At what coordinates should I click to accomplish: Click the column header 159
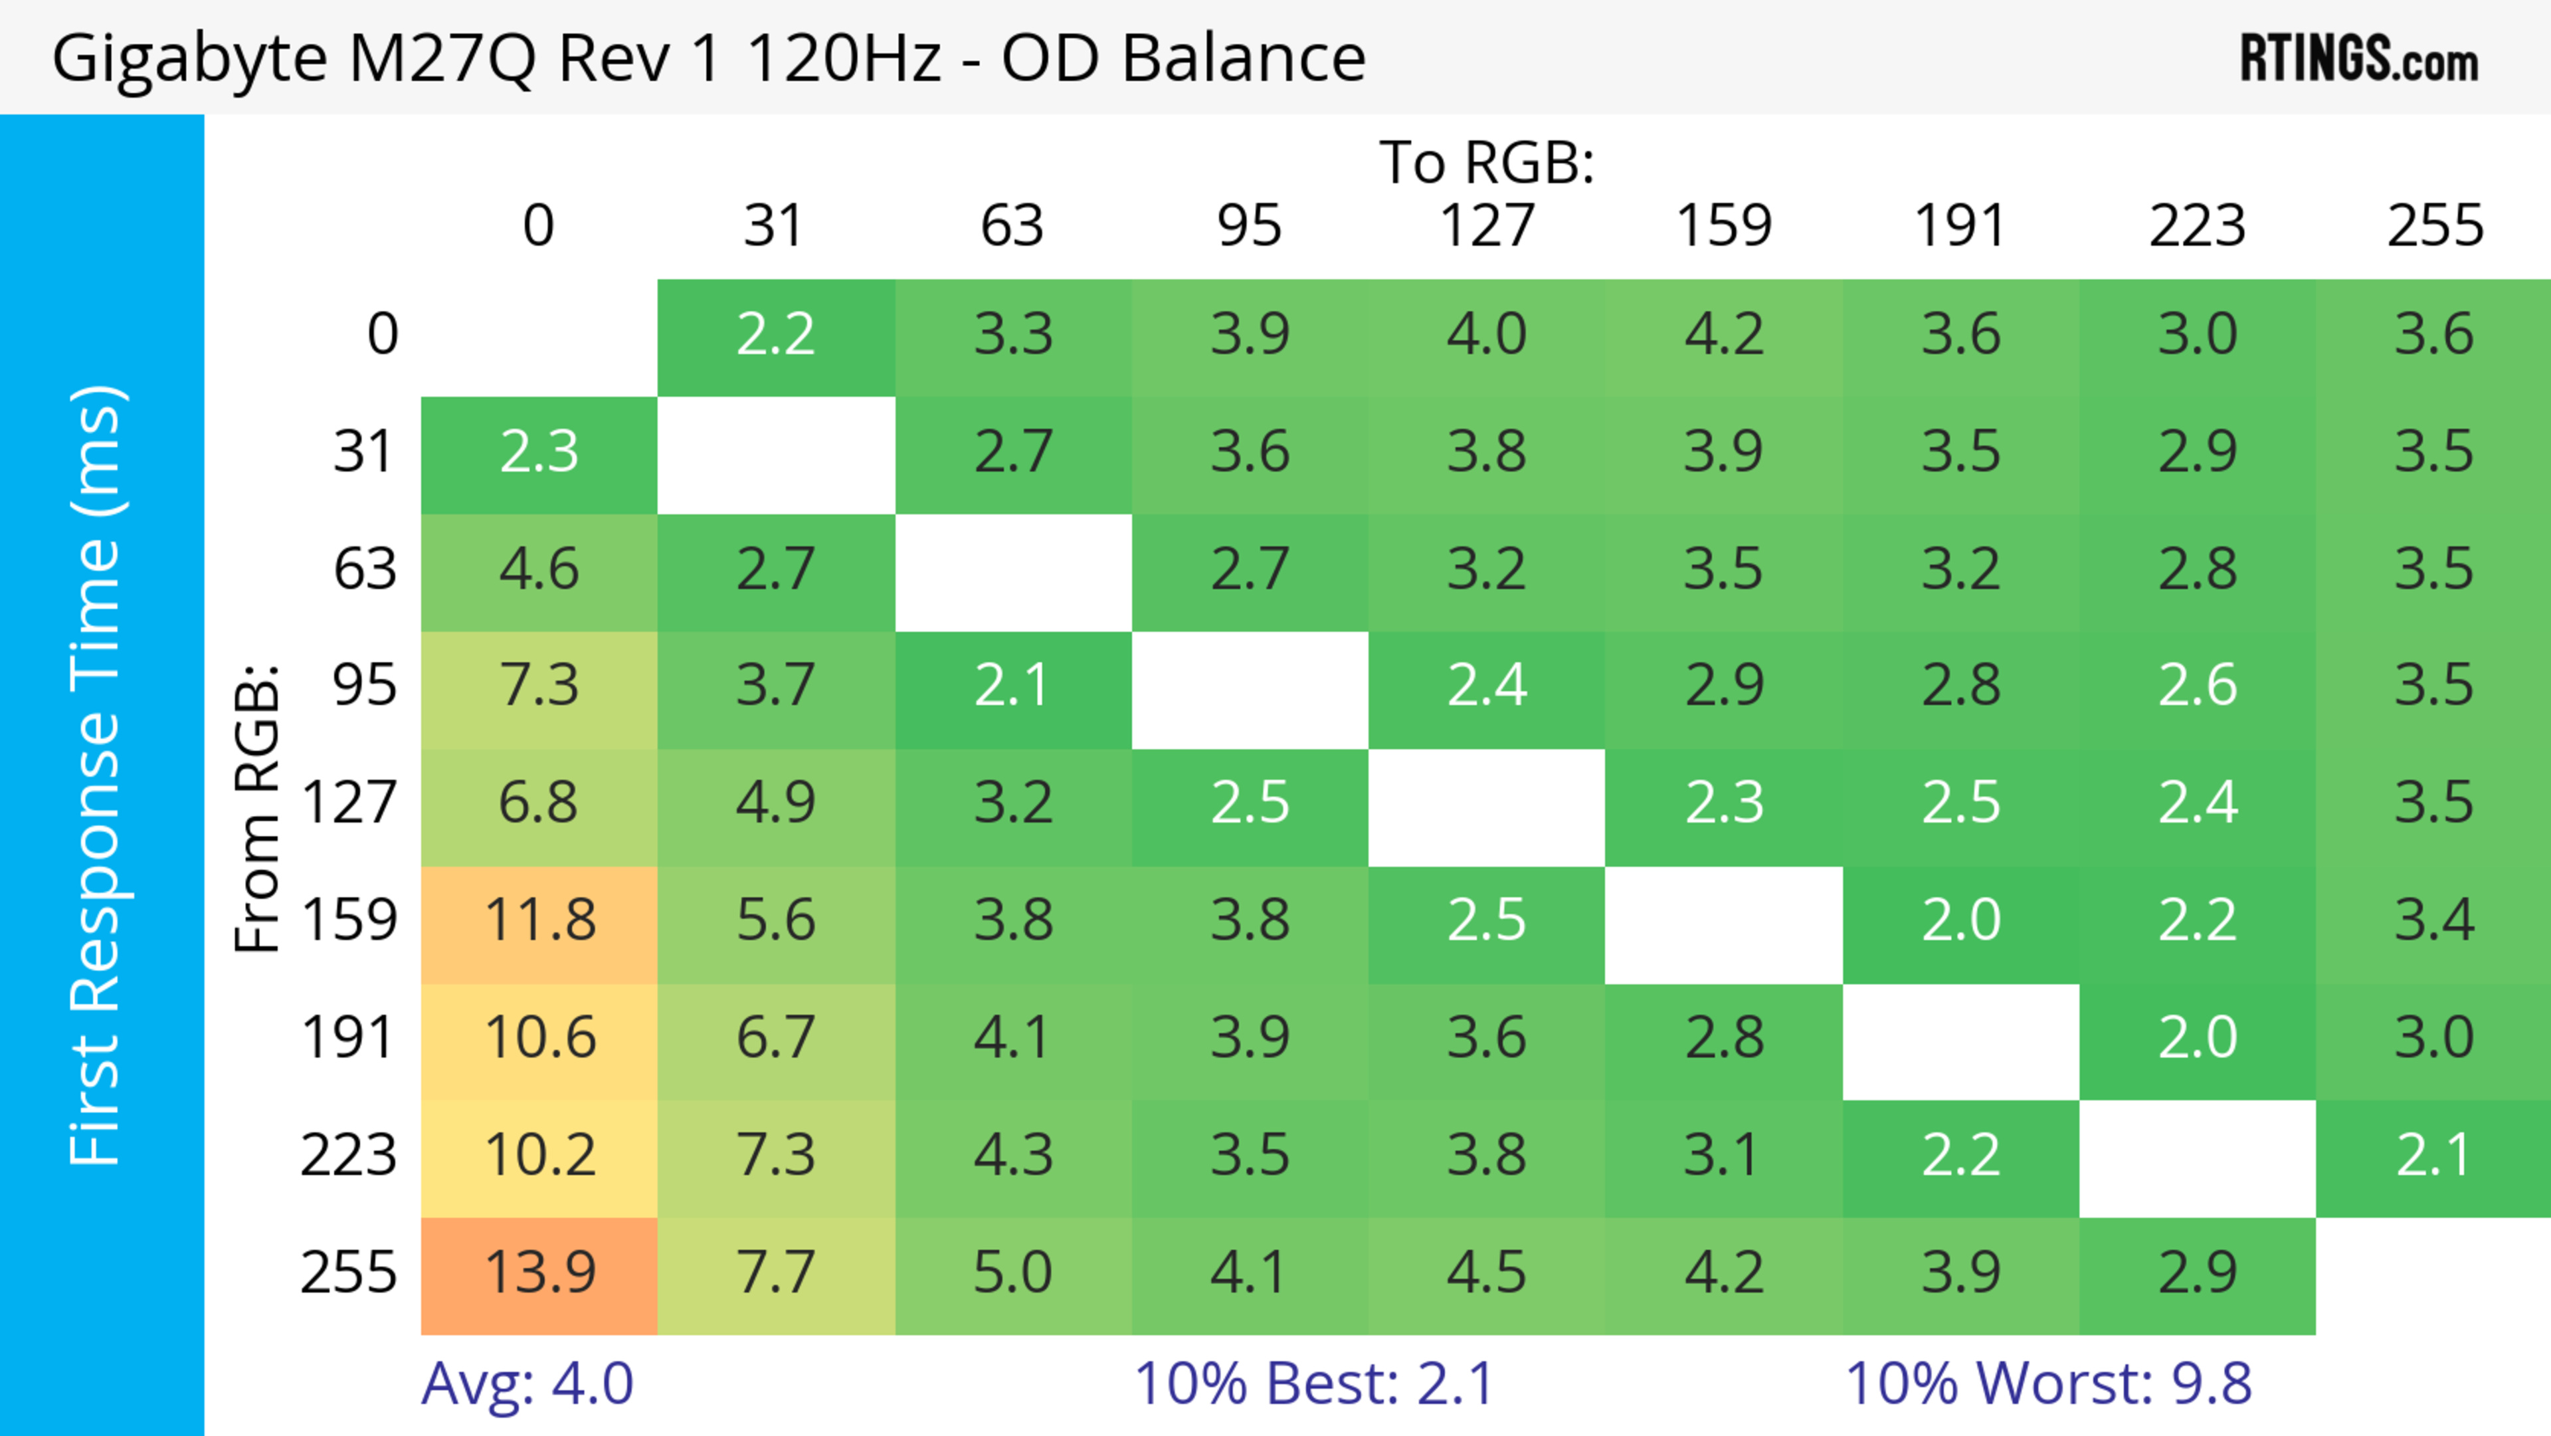point(1723,226)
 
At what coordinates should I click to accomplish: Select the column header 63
point(1012,226)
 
